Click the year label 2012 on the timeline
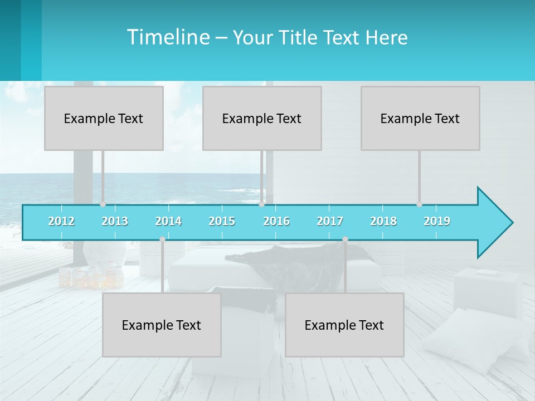tap(61, 221)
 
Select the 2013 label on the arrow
tap(115, 221)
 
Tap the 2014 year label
tap(168, 221)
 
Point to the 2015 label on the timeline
tap(222, 221)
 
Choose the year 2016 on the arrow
tap(276, 221)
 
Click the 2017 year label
tap(330, 221)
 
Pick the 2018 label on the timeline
tap(383, 221)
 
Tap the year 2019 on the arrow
tap(437, 221)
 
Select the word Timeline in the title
tap(168, 37)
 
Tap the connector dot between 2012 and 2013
tap(103, 204)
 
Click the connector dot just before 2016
tap(261, 204)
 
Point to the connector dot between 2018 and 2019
tap(419, 204)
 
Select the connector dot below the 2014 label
tap(162, 239)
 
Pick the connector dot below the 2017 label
tap(345, 239)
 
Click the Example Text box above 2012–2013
tap(104, 118)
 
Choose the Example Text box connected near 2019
tap(420, 118)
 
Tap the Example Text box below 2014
tap(162, 325)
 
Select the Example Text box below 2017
tap(344, 325)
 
